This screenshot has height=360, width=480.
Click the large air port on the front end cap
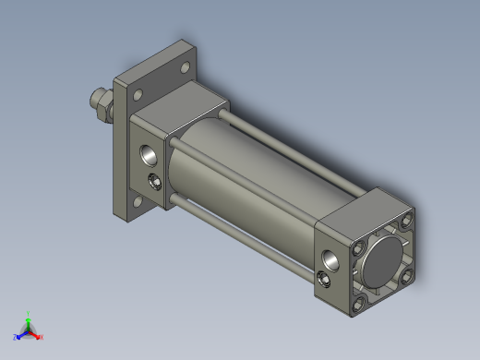tap(148, 153)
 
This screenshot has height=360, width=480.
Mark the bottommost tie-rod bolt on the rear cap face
tap(359, 300)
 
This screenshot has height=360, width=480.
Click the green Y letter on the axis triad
tap(30, 314)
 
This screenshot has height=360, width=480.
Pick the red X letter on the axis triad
tap(42, 337)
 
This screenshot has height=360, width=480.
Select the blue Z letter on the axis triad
tap(16, 337)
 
